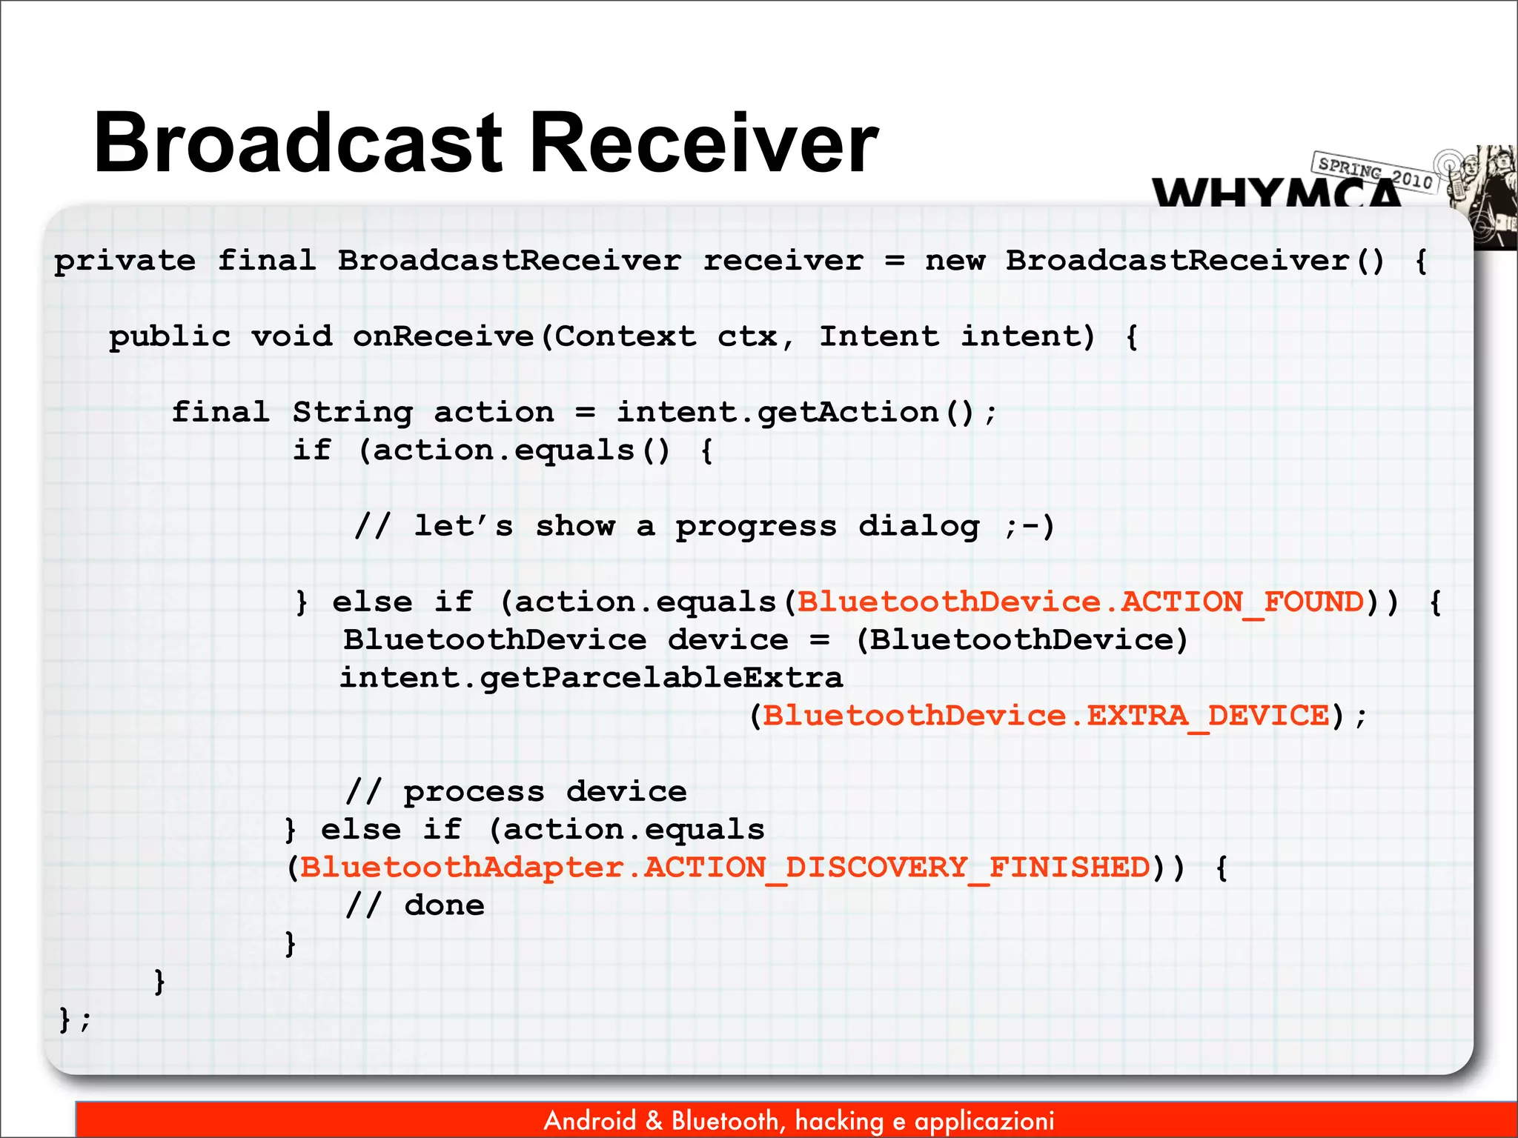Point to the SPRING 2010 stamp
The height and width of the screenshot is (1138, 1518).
(1375, 172)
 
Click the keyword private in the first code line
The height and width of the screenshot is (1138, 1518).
(125, 262)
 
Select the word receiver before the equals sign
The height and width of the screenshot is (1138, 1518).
(783, 262)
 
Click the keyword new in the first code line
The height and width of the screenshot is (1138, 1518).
(955, 262)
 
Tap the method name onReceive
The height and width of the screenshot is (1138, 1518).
(443, 337)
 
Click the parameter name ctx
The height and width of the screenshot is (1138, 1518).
(747, 337)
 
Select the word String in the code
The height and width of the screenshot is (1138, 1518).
(352, 413)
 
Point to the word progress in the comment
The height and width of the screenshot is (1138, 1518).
(755, 527)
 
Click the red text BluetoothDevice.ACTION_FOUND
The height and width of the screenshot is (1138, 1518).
(1080, 602)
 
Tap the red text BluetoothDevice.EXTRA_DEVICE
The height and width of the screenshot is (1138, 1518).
(1046, 716)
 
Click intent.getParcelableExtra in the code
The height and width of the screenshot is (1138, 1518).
(591, 679)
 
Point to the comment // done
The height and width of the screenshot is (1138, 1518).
(415, 905)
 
